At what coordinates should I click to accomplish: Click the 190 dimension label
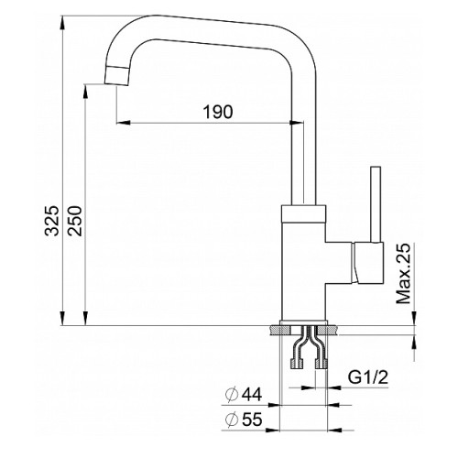pyautogui.click(x=218, y=112)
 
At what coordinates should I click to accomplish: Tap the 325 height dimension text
pyautogui.click(x=51, y=221)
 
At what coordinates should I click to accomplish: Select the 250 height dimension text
pyautogui.click(x=75, y=221)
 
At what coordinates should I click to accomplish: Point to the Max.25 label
pyautogui.click(x=404, y=274)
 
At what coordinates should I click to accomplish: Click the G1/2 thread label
pyautogui.click(x=368, y=377)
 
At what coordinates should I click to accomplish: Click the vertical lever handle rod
pyautogui.click(x=376, y=204)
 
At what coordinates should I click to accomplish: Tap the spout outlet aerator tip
pyautogui.click(x=116, y=75)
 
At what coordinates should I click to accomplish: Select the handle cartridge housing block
pyautogui.click(x=368, y=263)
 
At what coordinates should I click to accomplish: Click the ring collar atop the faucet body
pyautogui.click(x=303, y=213)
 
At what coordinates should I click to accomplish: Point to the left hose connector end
pyautogui.click(x=297, y=364)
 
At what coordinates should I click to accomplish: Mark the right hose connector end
pyautogui.click(x=322, y=364)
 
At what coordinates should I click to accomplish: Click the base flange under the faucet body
pyautogui.click(x=303, y=322)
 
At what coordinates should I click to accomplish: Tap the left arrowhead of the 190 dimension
pyautogui.click(x=124, y=123)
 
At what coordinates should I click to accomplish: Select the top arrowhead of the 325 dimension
pyautogui.click(x=62, y=23)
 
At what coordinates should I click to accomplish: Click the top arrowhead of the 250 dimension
pyautogui.click(x=86, y=92)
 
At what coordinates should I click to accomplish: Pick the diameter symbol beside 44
pyautogui.click(x=232, y=395)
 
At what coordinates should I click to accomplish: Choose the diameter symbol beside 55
pyautogui.click(x=232, y=420)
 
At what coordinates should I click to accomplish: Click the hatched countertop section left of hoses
pyautogui.click(x=280, y=331)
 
